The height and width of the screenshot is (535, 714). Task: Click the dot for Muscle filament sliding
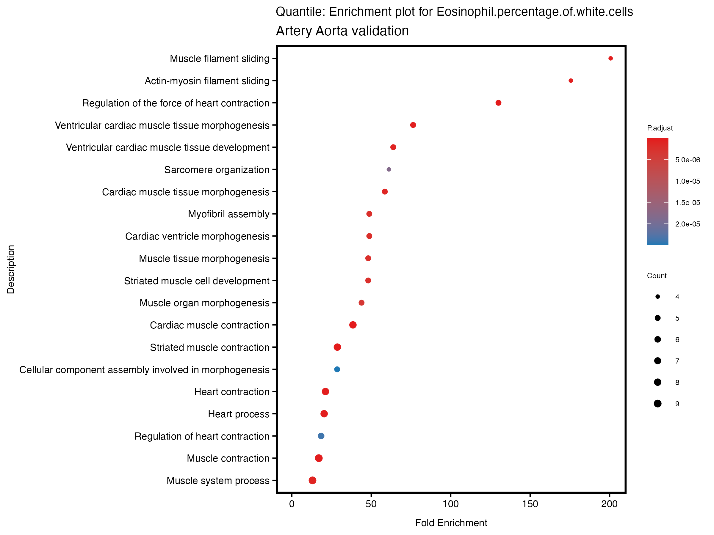pos(610,58)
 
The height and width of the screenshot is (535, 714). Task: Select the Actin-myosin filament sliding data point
pos(571,81)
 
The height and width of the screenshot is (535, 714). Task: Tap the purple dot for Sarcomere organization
pos(389,169)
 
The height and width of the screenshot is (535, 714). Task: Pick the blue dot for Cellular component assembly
pos(337,369)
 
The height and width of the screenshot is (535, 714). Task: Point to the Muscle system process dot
pos(312,481)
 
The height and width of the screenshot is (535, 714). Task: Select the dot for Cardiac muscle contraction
pos(353,325)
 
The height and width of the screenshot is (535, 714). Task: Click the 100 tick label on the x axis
pos(451,504)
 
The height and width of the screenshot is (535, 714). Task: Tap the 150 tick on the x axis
pos(530,504)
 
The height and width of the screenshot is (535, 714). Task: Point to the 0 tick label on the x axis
pos(292,504)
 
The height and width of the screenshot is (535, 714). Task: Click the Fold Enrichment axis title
pos(451,523)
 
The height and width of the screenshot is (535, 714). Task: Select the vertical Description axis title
pos(11,269)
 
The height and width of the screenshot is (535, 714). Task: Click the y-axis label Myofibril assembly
pos(228,214)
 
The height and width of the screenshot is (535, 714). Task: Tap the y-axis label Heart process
pos(239,414)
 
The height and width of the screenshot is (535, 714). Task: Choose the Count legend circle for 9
pos(657,403)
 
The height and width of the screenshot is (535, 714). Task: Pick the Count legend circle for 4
pos(657,297)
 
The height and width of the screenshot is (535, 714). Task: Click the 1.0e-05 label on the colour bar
pos(688,181)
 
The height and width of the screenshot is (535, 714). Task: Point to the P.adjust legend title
pos(660,128)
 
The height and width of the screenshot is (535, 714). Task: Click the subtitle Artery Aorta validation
pos(342,31)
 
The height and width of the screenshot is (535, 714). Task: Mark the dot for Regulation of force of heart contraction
pos(498,103)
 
